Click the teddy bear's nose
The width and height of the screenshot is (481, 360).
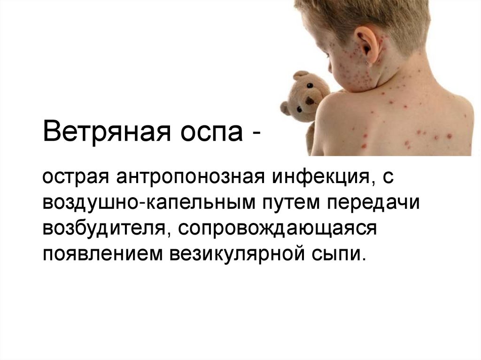click(310, 100)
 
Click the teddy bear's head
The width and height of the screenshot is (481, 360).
click(305, 94)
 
